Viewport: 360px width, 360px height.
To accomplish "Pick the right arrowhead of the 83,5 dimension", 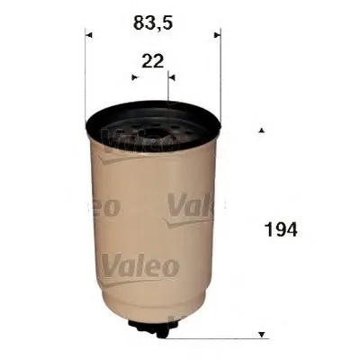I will (215, 36).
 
